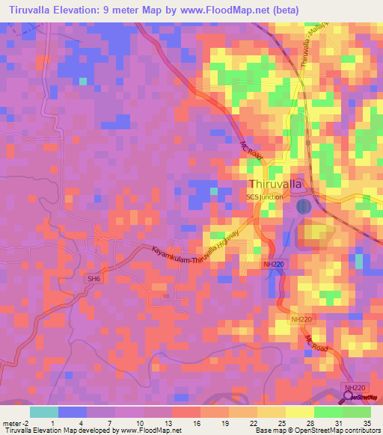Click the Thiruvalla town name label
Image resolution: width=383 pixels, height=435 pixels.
(x=275, y=184)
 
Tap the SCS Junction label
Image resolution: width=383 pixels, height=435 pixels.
(x=266, y=197)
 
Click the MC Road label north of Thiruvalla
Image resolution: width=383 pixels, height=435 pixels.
(x=252, y=150)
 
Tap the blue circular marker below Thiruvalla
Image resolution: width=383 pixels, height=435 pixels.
(x=303, y=206)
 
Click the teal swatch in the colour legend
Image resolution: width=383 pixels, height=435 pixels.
(x=43, y=412)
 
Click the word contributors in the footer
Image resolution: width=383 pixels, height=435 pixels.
(x=358, y=431)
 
